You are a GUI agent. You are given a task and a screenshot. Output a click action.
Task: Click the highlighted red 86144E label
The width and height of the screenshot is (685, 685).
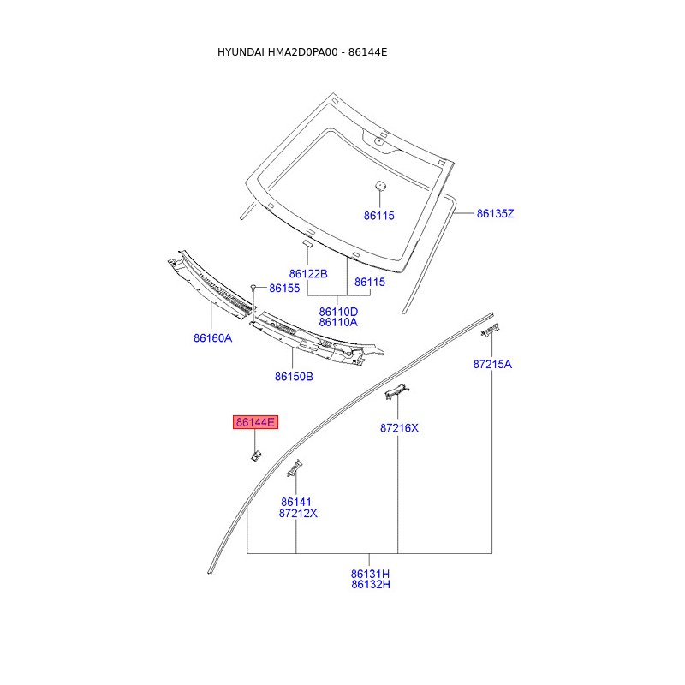[x=256, y=422]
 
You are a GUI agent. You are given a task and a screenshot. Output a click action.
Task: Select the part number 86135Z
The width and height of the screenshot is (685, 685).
[x=495, y=213]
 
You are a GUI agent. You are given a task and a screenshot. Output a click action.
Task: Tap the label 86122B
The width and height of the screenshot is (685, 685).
[x=308, y=273]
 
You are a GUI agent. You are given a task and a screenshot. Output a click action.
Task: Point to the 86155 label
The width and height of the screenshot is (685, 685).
[x=284, y=289]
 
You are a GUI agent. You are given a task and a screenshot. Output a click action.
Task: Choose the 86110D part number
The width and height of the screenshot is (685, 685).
[x=338, y=311]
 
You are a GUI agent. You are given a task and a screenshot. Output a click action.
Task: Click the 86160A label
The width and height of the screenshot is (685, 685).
[x=212, y=337]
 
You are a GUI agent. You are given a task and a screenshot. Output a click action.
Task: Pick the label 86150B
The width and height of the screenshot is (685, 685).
[x=294, y=376]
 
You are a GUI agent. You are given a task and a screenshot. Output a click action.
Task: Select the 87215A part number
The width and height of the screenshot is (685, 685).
[x=492, y=364]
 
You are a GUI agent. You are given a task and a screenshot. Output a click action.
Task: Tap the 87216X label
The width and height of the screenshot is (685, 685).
[x=399, y=427]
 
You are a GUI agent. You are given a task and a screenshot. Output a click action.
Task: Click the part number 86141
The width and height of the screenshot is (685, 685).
[x=296, y=502]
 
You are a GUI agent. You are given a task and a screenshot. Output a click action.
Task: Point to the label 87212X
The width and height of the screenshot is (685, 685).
[x=298, y=513]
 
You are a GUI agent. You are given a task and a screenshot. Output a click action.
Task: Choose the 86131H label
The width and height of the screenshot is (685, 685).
[x=370, y=573]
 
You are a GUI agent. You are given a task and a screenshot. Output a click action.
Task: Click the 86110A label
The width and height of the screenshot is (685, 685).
[x=338, y=322]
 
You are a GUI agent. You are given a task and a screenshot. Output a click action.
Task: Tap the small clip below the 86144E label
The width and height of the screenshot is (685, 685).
[x=255, y=455]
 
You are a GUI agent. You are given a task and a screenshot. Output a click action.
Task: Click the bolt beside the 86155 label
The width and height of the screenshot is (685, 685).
[x=253, y=288]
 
